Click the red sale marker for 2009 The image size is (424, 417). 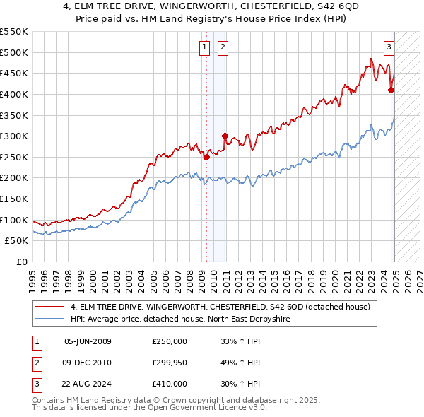pos(206,158)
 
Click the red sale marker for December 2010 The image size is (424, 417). pos(225,136)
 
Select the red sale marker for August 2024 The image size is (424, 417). pos(391,90)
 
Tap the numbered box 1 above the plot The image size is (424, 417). pos(204,47)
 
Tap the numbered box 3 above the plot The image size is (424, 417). pos(389,47)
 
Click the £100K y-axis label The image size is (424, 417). pos(16,220)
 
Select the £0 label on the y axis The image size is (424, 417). pos(23,262)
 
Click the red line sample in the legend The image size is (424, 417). pos(50,307)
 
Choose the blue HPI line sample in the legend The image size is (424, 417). pos(50,319)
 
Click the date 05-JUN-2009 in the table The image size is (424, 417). pos(88,341)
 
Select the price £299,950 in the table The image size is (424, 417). pos(170,363)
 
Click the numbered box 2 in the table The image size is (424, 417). pos(35,363)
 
